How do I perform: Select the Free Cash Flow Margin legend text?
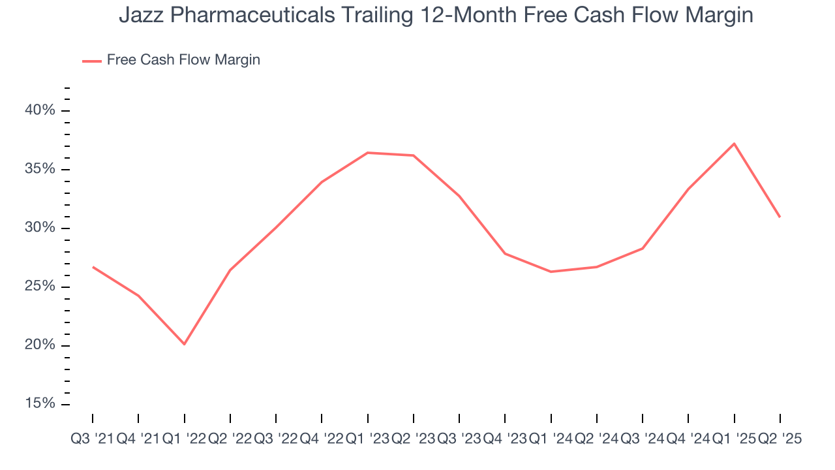pyautogui.click(x=183, y=60)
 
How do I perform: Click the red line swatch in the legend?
pyautogui.click(x=92, y=61)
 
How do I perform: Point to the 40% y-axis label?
pyautogui.click(x=39, y=110)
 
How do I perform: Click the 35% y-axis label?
pyautogui.click(x=39, y=169)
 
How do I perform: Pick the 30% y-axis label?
pyautogui.click(x=39, y=228)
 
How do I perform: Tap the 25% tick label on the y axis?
pyautogui.click(x=39, y=287)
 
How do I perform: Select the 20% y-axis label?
pyautogui.click(x=39, y=345)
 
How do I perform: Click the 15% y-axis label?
pyautogui.click(x=39, y=404)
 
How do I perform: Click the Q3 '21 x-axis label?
pyautogui.click(x=92, y=439)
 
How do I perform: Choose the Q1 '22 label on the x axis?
pyautogui.click(x=184, y=439)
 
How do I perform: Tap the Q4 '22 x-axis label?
pyautogui.click(x=322, y=439)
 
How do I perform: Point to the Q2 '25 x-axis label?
pyautogui.click(x=780, y=439)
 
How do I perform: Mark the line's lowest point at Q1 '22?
pyautogui.click(x=184, y=344)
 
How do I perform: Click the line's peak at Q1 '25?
pyautogui.click(x=734, y=144)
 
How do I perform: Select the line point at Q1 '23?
pyautogui.click(x=368, y=153)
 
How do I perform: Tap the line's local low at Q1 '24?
pyautogui.click(x=551, y=272)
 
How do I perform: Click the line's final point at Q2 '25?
pyautogui.click(x=780, y=217)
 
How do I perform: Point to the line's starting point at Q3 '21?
pyautogui.click(x=93, y=267)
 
